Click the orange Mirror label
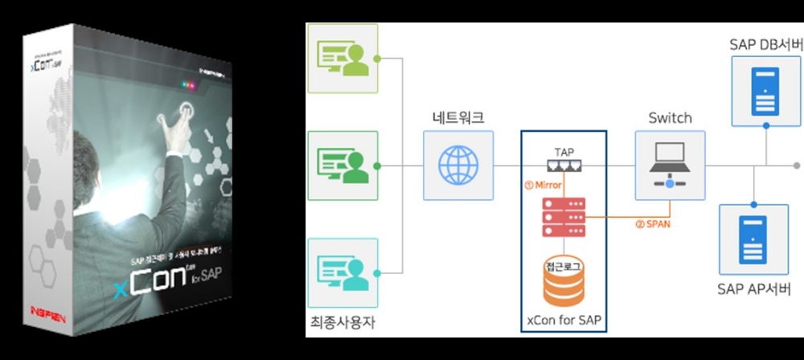click(x=543, y=185)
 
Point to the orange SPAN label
click(x=654, y=223)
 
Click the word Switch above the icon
click(x=670, y=118)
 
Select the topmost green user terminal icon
click(x=343, y=57)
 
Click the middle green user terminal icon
click(x=343, y=165)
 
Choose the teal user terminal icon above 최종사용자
click(x=343, y=272)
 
